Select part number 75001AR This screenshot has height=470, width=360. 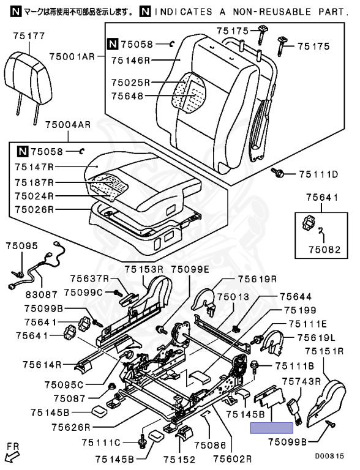pyautogui.click(x=72, y=56)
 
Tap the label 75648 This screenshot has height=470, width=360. pyautogui.click(x=127, y=96)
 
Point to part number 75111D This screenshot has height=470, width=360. pyautogui.click(x=318, y=174)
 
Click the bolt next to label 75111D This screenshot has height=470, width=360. pyautogui.click(x=278, y=173)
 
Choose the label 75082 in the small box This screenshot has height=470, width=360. pyautogui.click(x=325, y=250)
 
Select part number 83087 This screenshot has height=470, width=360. pyautogui.click(x=42, y=294)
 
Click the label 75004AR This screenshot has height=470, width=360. pyautogui.click(x=68, y=125)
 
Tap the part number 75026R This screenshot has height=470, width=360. pyautogui.click(x=34, y=209)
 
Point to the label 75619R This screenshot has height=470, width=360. pyautogui.click(x=258, y=279)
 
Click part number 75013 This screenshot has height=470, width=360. pyautogui.click(x=233, y=297)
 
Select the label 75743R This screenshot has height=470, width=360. pyautogui.click(x=301, y=381)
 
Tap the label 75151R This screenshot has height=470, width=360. pyautogui.click(x=324, y=351)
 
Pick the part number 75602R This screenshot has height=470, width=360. pyautogui.click(x=233, y=458)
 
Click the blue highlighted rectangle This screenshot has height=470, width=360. pyautogui.click(x=272, y=428)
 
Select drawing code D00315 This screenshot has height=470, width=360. pyautogui.click(x=329, y=456)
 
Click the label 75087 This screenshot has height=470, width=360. pyautogui.click(x=70, y=398)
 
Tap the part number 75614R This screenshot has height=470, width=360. pyautogui.click(x=42, y=365)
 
